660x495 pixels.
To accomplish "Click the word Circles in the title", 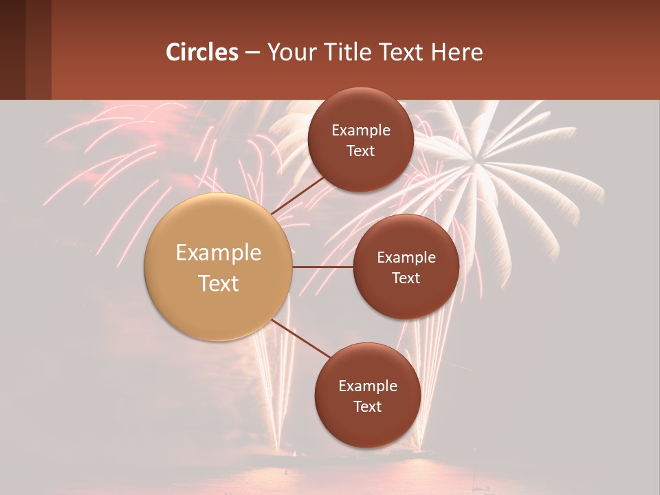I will pos(202,52).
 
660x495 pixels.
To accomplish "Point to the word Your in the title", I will pos(289,52).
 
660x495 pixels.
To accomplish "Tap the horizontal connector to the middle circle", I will pos(323,267).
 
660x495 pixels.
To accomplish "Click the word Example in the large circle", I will pos(219,253).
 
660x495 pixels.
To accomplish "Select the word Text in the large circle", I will pos(219,283).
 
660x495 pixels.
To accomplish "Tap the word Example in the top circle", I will pos(361,131).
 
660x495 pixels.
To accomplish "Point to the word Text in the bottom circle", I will pos(367,406).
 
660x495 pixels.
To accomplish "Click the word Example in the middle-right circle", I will pos(406,258).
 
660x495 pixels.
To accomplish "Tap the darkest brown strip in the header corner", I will pos(12,49).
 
